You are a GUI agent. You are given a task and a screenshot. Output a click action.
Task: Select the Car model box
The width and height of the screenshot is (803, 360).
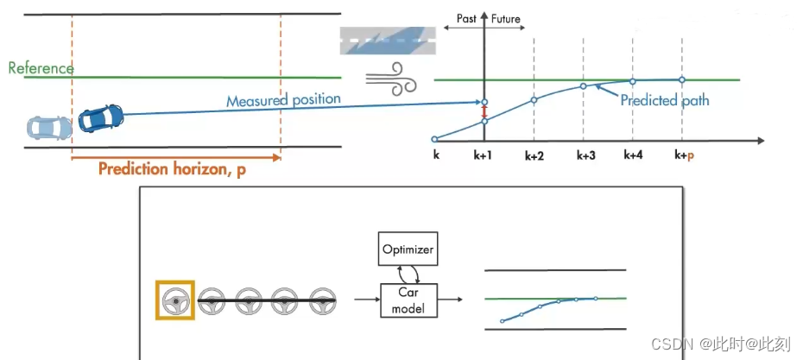(408, 299)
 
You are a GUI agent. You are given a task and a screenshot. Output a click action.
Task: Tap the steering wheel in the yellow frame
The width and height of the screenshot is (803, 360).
(175, 301)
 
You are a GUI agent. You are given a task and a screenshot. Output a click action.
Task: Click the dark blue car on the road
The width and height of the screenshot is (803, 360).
(101, 118)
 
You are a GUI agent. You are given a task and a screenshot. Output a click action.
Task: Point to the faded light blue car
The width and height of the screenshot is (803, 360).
(49, 129)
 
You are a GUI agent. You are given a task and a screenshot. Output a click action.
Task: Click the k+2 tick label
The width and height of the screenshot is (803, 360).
(535, 156)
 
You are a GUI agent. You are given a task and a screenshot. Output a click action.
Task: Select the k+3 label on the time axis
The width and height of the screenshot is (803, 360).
(586, 156)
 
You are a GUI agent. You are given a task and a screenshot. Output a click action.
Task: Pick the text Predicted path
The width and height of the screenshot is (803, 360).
(664, 101)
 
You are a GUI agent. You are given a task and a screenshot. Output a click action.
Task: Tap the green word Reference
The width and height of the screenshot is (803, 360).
(41, 67)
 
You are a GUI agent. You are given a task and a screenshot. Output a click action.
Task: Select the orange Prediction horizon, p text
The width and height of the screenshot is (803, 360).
(172, 169)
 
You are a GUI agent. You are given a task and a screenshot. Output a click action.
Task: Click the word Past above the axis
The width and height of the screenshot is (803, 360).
(467, 18)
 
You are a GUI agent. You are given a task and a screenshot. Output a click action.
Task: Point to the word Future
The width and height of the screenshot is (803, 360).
(506, 18)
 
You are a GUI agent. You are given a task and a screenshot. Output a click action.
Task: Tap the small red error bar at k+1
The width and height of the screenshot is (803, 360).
(484, 111)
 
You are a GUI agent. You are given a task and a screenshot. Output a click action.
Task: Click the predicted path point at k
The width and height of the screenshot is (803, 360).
(434, 138)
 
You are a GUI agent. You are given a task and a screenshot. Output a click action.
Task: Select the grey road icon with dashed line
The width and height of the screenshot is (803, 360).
(387, 40)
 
